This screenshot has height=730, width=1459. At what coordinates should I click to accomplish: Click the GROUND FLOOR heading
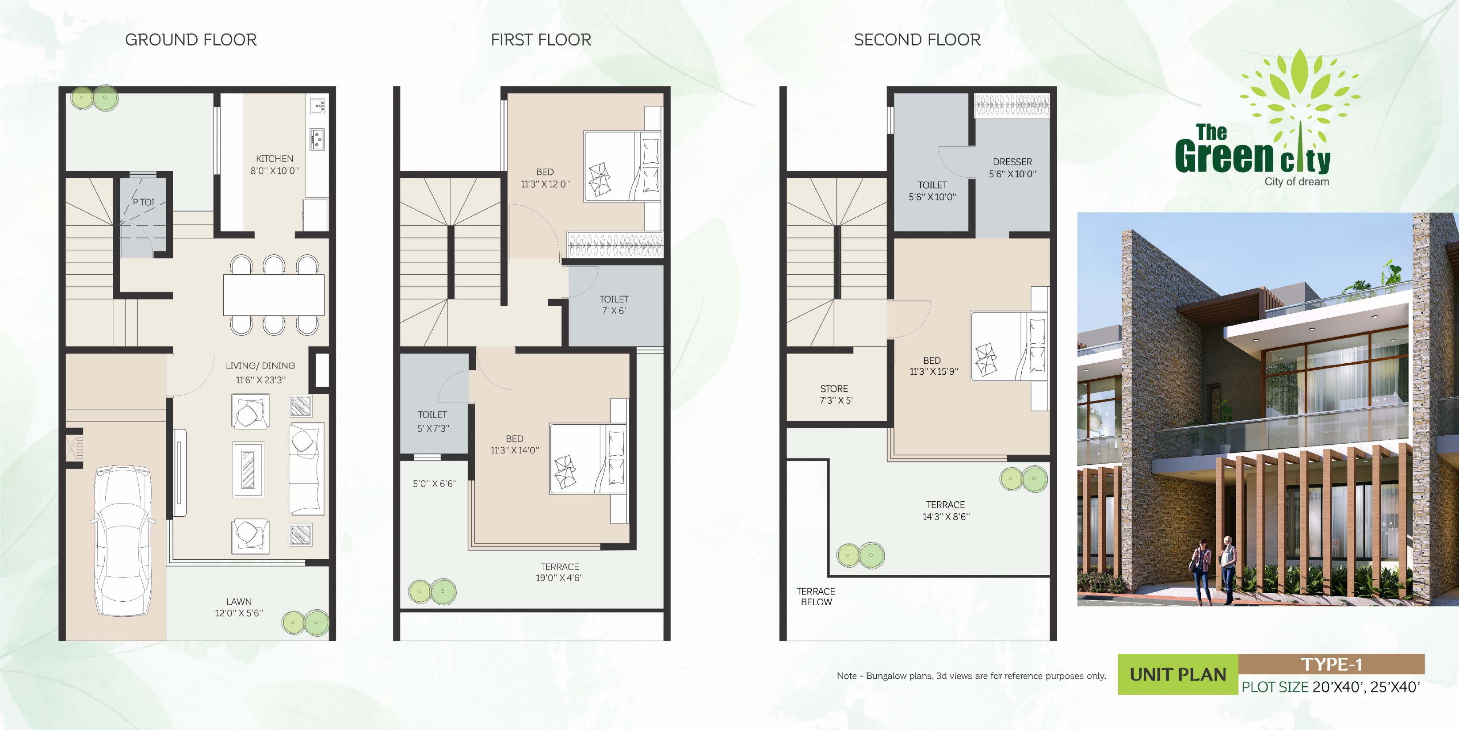[x=191, y=40]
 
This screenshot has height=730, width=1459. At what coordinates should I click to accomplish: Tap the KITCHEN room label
[x=275, y=159]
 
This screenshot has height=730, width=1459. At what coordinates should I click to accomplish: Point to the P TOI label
[x=143, y=202]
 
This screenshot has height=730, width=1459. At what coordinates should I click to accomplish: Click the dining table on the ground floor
[x=274, y=295]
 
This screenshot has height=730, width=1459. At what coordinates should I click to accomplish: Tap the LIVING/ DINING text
[x=260, y=365]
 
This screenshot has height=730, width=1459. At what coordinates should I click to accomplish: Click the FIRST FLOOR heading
[x=541, y=40]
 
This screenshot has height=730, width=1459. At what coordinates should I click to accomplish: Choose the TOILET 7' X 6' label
[x=614, y=305]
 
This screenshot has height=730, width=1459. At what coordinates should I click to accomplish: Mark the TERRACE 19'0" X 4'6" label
[x=560, y=572]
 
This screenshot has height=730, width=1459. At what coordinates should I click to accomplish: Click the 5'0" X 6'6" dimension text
[x=435, y=484]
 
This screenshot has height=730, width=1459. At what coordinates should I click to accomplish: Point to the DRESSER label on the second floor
[x=1012, y=162]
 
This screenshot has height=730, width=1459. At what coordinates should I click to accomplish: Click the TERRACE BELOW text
[x=816, y=597]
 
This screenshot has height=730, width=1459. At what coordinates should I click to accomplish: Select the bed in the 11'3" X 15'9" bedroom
[x=1008, y=346]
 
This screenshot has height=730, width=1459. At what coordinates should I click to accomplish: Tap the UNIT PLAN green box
[x=1177, y=674]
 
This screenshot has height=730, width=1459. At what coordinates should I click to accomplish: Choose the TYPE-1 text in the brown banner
[x=1331, y=664]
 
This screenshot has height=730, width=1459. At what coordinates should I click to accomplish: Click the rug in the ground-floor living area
[x=248, y=470]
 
